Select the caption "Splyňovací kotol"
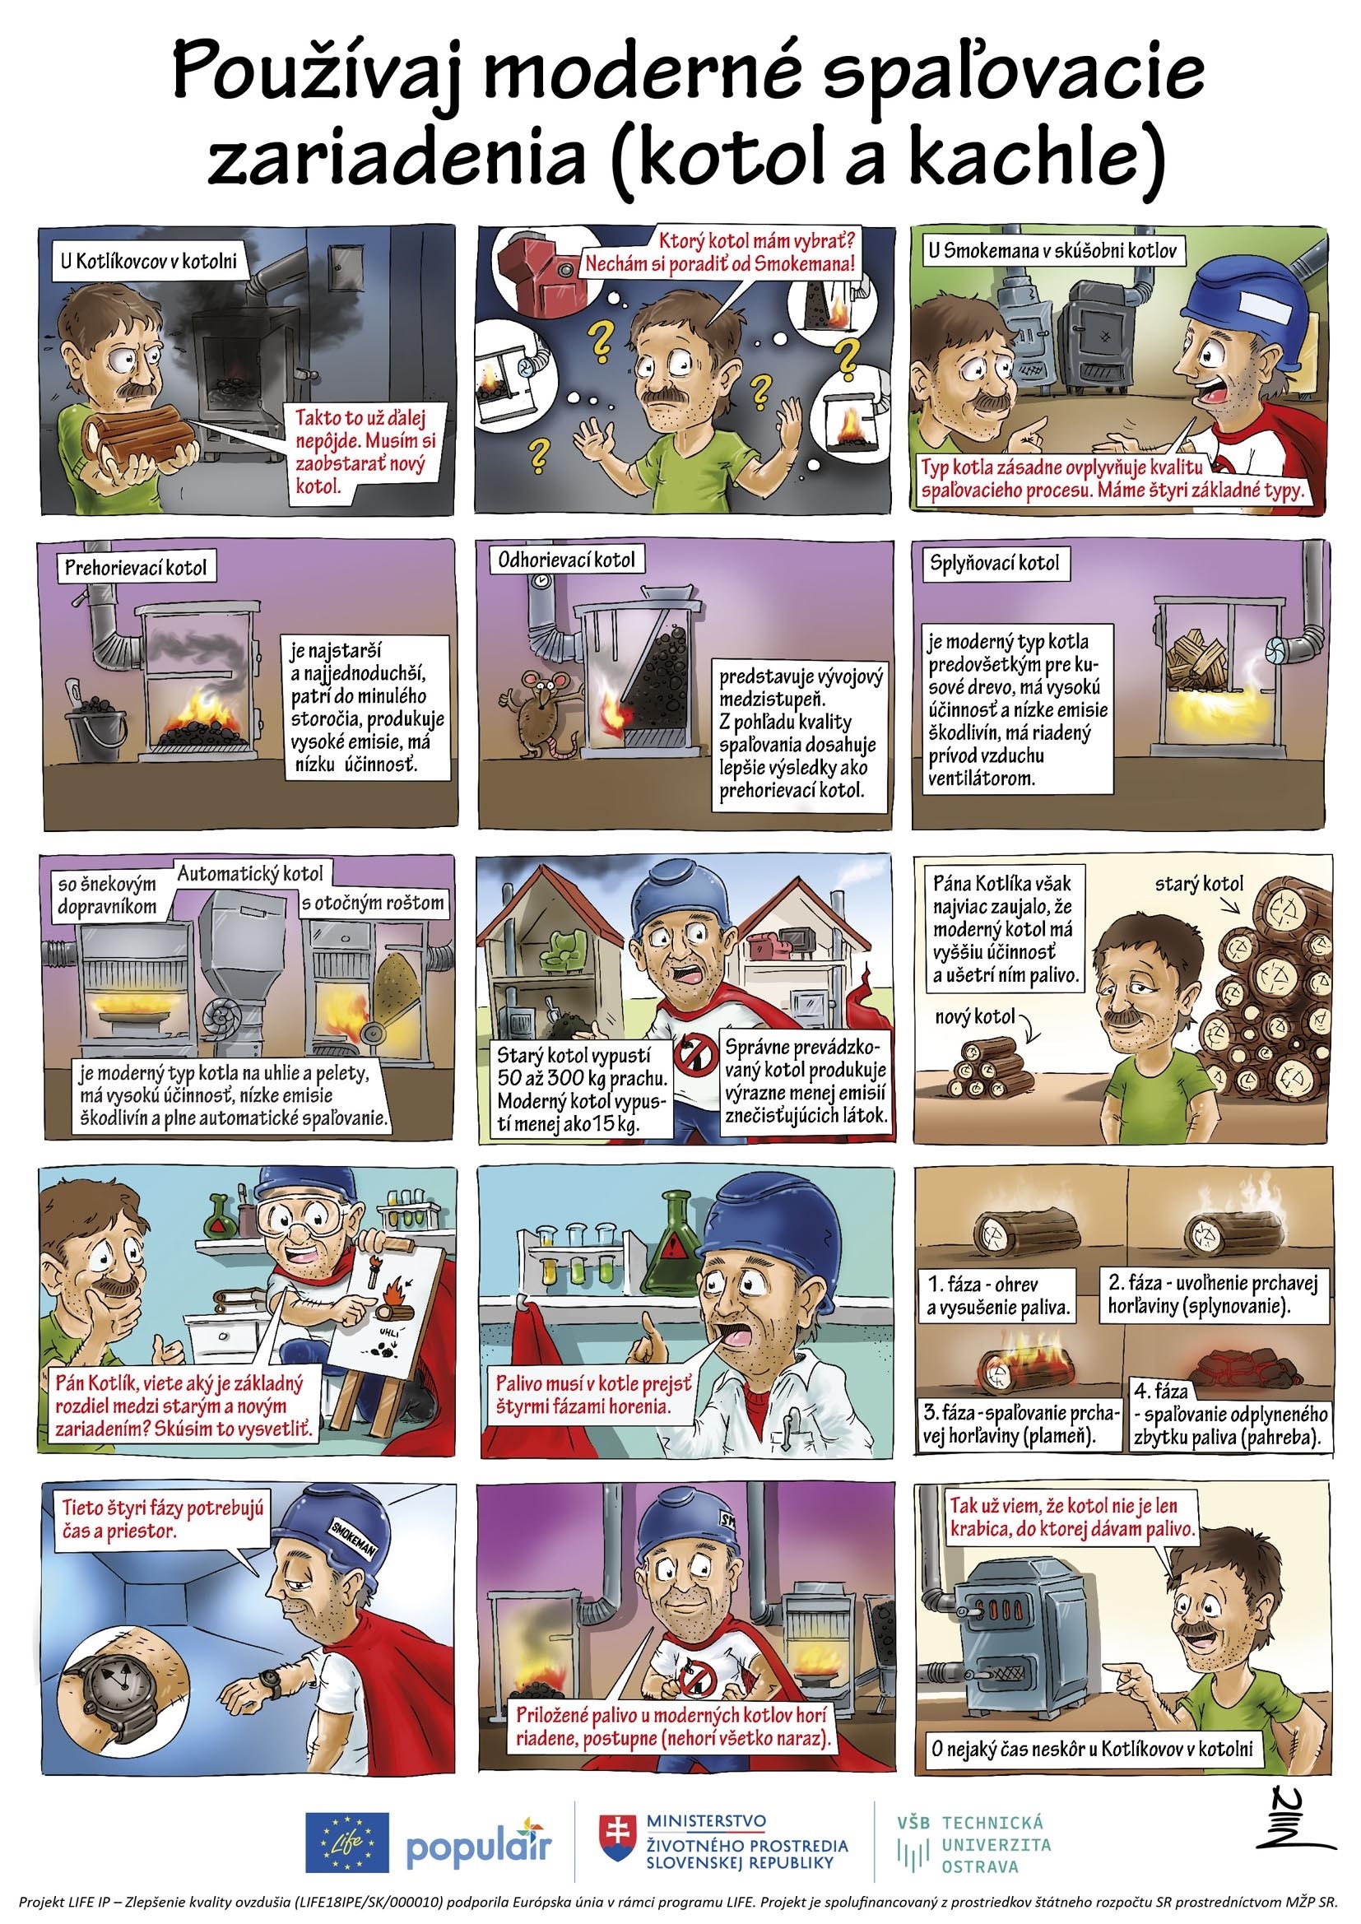tap(994, 562)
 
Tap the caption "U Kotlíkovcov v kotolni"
tap(147, 262)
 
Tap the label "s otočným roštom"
tap(373, 904)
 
